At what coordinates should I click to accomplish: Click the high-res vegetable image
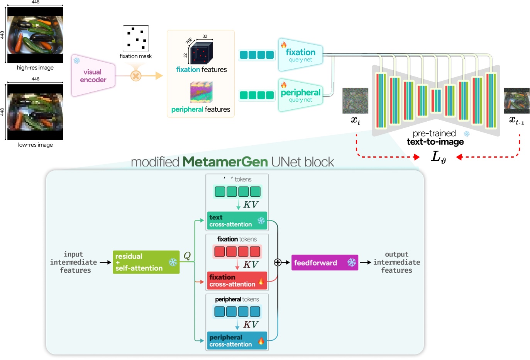pos(35,35)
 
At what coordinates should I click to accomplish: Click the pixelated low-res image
pos(35,112)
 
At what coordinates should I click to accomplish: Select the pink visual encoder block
pos(93,76)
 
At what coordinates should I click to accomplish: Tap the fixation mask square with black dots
pos(136,38)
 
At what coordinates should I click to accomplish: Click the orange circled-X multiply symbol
pos(136,76)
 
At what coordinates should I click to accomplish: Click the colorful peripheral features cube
pos(201,92)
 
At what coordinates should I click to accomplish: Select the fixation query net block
pos(300,55)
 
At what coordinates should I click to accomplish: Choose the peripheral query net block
pos(300,95)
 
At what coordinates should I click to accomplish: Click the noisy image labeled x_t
pos(355,100)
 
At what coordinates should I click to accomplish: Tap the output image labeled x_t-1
pos(516,100)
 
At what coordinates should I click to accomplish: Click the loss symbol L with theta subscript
pos(438,157)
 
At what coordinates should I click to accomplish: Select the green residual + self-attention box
pos(146,262)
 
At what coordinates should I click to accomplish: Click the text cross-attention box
pos(237,221)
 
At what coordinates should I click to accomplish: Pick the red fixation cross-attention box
pos(237,280)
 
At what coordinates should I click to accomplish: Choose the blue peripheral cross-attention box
pos(237,341)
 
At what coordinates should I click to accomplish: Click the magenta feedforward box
pos(324,263)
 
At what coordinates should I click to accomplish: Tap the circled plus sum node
pos(278,263)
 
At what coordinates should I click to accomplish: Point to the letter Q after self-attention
pos(187,256)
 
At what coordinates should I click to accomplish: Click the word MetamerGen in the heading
pos(225,162)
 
